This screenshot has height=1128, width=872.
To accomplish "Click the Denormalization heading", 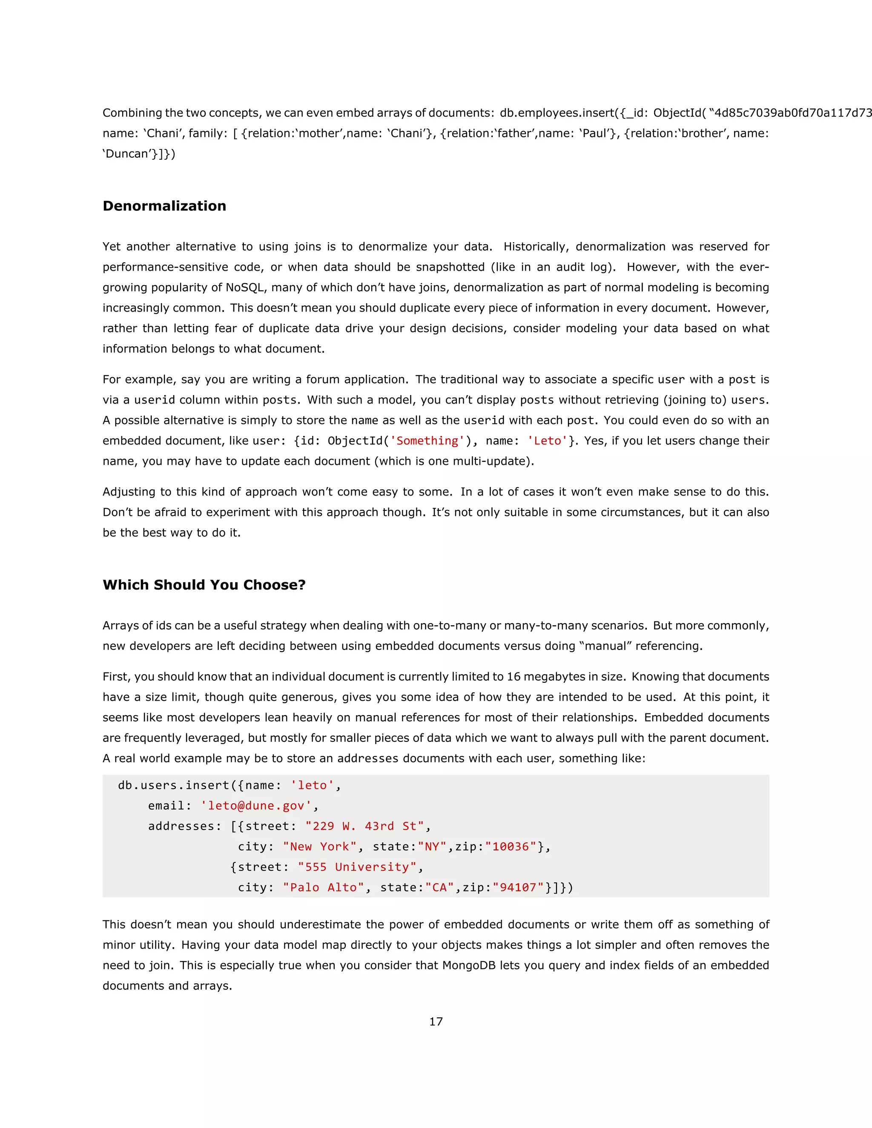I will point(164,206).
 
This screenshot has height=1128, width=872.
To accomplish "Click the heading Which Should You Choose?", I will point(204,585).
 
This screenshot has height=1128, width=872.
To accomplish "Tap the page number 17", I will point(436,1021).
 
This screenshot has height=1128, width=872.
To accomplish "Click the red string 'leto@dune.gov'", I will point(256,805).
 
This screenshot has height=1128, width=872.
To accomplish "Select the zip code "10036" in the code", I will point(511,846).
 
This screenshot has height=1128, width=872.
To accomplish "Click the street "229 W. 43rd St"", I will point(364,826).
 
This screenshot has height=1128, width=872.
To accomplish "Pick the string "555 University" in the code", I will point(357,867).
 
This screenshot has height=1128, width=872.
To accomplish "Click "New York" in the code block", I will point(320,846).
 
